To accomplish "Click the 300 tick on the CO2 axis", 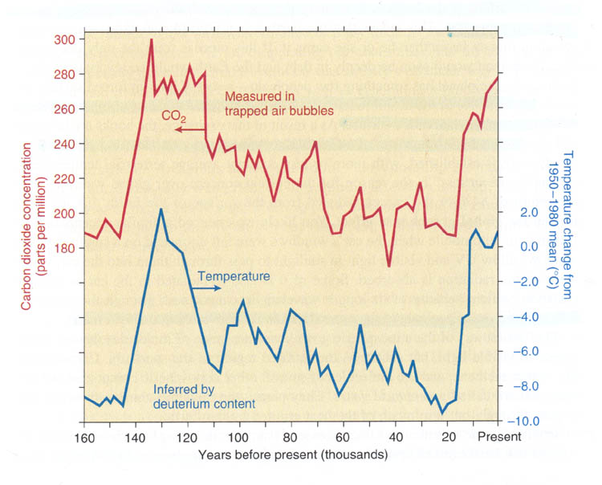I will pyautogui.click(x=66, y=39).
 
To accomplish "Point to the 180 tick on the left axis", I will pyautogui.click(x=66, y=248).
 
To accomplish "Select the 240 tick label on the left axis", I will pyautogui.click(x=66, y=145).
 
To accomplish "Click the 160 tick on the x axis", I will pyautogui.click(x=83, y=438).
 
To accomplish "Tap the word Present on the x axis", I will pyautogui.click(x=499, y=438).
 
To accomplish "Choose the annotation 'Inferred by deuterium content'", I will pyautogui.click(x=204, y=396).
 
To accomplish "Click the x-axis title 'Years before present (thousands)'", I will pyautogui.click(x=294, y=455).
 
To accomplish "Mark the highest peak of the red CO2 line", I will pyautogui.click(x=151, y=40).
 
